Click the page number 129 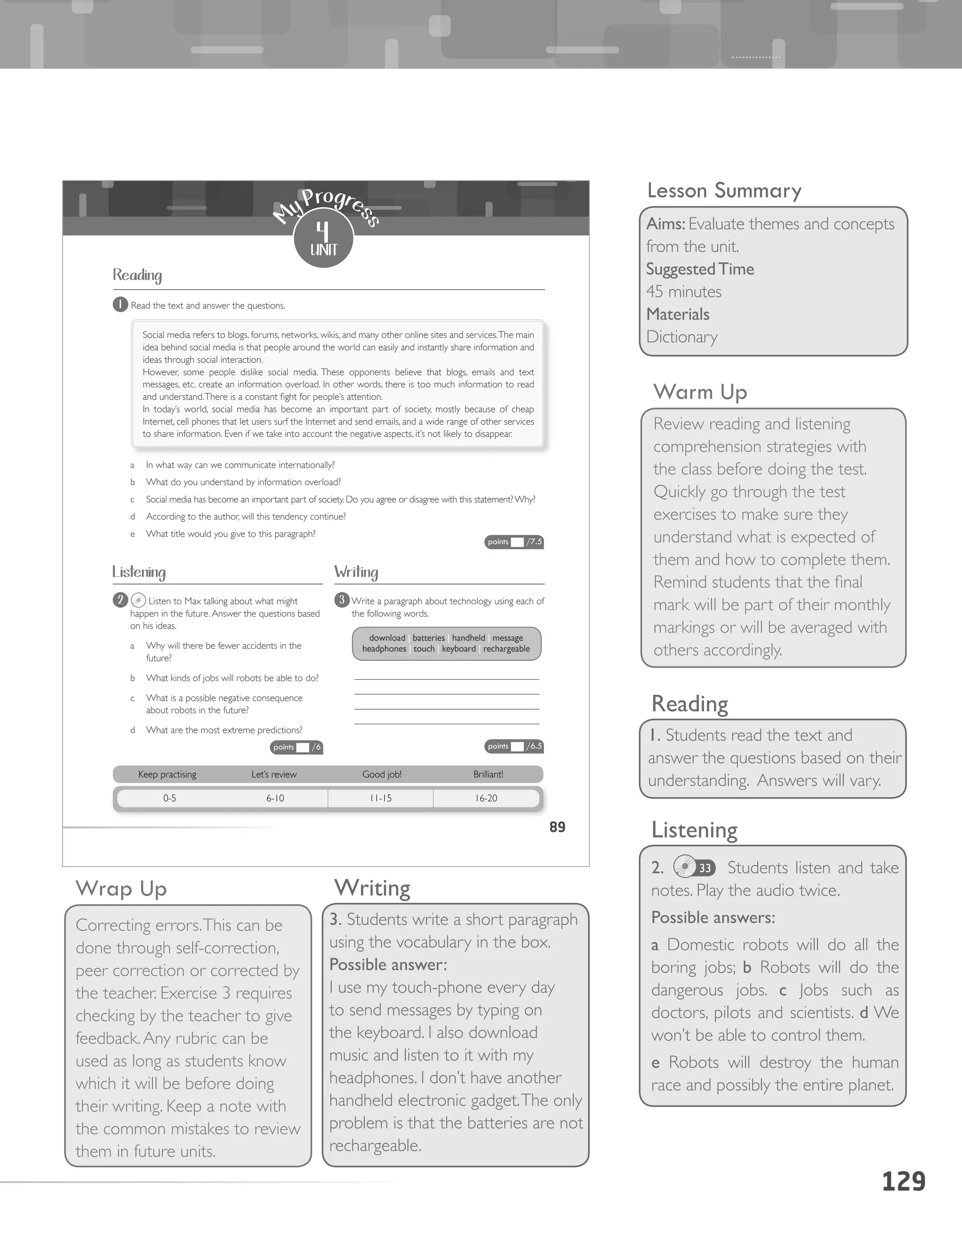click(903, 1182)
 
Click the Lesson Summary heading click(724, 191)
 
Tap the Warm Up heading click(700, 392)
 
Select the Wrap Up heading click(121, 889)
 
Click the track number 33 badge click(705, 868)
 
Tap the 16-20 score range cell click(486, 798)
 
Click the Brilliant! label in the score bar click(488, 774)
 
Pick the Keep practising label click(167, 774)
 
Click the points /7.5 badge click(514, 542)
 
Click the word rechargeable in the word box click(506, 649)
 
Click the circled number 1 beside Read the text click(120, 305)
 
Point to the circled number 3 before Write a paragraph click(341, 600)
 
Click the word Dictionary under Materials click(682, 337)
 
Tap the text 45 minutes click(683, 292)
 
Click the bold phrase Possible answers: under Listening click(712, 917)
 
